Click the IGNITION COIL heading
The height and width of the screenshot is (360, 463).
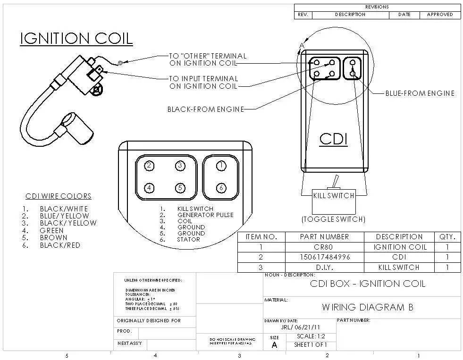tap(76, 38)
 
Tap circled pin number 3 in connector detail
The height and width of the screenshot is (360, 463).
tap(180, 166)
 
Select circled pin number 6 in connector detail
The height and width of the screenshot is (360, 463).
tap(221, 188)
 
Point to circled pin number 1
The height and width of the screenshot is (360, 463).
tap(221, 166)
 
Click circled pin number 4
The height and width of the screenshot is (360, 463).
tap(149, 188)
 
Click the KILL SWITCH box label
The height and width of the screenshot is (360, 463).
tap(334, 195)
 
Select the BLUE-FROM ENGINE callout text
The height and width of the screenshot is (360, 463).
tap(420, 93)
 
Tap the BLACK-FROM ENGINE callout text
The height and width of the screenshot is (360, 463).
tap(206, 109)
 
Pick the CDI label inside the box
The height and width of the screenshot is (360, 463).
tap(333, 139)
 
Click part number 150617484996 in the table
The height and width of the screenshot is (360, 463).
tap(324, 257)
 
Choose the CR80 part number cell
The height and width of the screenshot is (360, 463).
tap(324, 247)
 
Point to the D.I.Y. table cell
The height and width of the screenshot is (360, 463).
tap(324, 267)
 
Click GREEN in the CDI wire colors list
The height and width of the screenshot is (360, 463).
tap(51, 230)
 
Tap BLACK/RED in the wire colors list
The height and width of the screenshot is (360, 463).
tap(60, 245)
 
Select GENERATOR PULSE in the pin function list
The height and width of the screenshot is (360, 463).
tap(205, 215)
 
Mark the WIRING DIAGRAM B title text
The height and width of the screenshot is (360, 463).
tap(368, 307)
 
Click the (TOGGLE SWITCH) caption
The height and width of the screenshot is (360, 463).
tap(333, 219)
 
